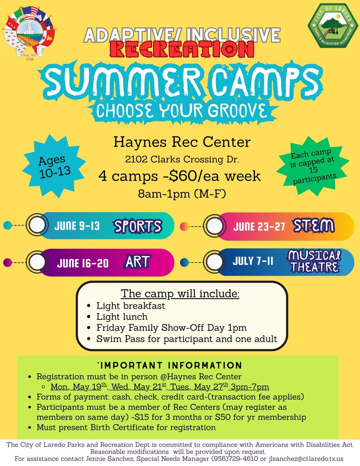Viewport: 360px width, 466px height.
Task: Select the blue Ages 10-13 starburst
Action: [54, 166]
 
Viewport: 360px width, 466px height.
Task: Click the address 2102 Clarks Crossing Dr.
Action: [182, 159]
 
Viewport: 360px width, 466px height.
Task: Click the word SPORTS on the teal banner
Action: [138, 226]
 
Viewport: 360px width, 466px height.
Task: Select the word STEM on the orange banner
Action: [313, 226]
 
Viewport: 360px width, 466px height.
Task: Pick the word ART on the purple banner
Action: [137, 262]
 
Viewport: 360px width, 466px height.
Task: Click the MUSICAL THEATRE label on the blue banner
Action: [314, 261]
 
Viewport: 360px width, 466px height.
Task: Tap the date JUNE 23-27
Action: [259, 226]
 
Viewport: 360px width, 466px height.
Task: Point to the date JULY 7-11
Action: [253, 261]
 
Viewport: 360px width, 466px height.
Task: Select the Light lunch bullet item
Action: [122, 317]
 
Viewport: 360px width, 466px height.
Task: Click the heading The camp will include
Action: [180, 294]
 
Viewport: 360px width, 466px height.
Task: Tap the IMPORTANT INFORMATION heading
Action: [171, 365]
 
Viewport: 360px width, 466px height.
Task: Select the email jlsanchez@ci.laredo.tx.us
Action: [306, 459]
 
